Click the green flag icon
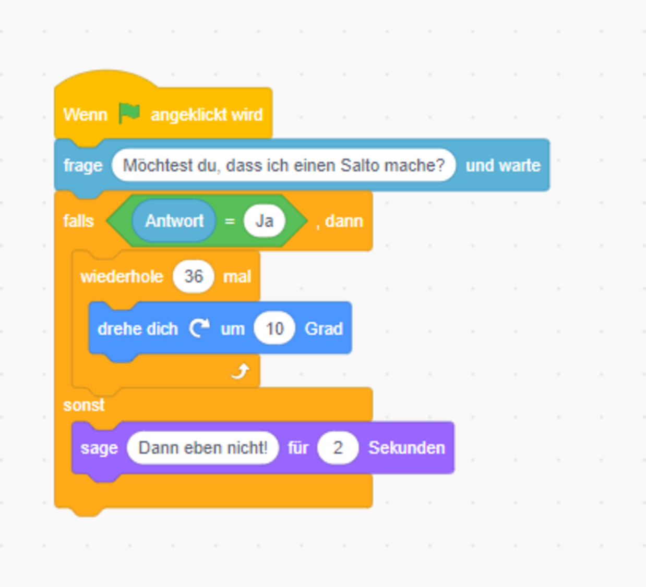[x=129, y=113]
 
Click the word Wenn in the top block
[x=86, y=115]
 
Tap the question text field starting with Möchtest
[x=284, y=165]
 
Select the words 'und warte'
[x=503, y=166]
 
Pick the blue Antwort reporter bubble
[x=174, y=221]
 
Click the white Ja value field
[x=265, y=221]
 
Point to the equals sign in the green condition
[x=230, y=221]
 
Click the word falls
[x=79, y=221]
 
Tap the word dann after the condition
[x=344, y=221]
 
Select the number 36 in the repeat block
[x=193, y=276]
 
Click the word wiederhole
[x=122, y=276]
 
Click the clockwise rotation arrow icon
[x=199, y=328]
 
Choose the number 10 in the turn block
[x=274, y=328]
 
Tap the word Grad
[x=324, y=329]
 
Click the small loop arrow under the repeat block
[x=240, y=372]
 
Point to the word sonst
[x=84, y=405]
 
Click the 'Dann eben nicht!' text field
[x=203, y=448]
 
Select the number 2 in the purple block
[x=338, y=448]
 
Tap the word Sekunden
[x=406, y=448]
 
